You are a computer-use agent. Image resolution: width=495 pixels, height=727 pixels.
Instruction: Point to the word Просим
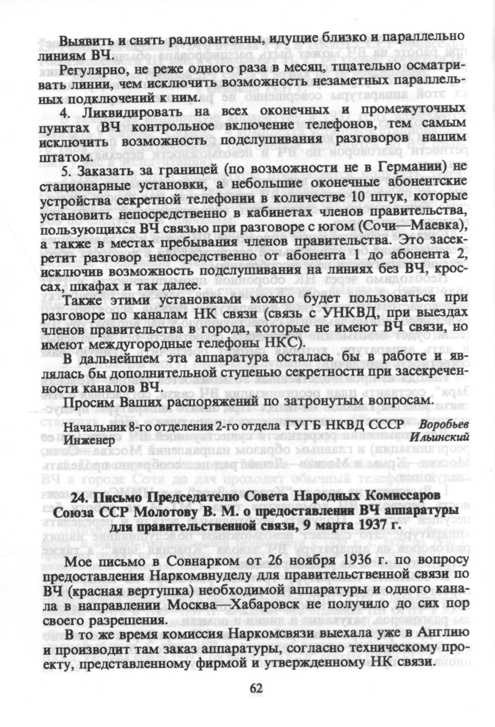pyautogui.click(x=86, y=402)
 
